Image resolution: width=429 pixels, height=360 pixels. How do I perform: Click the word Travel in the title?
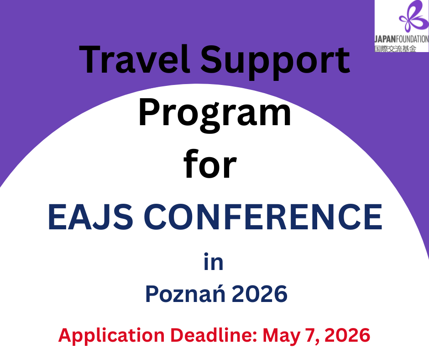click(134, 59)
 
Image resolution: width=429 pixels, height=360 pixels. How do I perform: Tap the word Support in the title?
click(276, 62)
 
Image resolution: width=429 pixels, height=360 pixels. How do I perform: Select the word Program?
click(214, 116)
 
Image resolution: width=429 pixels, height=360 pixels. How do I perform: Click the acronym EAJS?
click(90, 217)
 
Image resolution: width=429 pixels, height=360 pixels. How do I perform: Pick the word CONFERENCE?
click(263, 217)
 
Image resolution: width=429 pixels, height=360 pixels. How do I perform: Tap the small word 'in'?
click(214, 262)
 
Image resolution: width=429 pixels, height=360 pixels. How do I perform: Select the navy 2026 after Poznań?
click(260, 294)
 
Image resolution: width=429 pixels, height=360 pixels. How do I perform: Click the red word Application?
click(111, 336)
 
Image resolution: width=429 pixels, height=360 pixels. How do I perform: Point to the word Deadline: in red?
click(214, 335)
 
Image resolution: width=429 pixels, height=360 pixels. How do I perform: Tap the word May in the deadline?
click(281, 336)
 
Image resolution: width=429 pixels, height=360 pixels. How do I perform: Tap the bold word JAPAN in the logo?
click(385, 39)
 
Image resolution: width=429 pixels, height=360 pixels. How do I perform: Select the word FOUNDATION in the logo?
click(412, 39)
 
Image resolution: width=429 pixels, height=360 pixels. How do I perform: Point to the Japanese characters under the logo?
click(395, 48)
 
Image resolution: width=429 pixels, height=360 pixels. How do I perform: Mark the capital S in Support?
click(212, 59)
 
